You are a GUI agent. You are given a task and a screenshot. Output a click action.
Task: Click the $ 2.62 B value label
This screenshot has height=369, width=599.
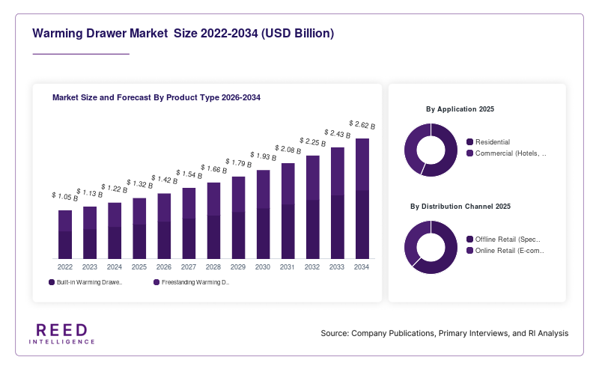(362, 124)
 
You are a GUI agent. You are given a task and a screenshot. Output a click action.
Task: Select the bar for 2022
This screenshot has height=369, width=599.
(65, 234)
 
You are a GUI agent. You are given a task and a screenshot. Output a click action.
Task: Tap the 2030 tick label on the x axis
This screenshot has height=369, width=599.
(263, 267)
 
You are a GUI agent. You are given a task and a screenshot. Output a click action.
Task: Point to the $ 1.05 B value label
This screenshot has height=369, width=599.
(65, 196)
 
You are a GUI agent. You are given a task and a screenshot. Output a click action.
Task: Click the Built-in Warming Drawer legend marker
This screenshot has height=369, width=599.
(52, 282)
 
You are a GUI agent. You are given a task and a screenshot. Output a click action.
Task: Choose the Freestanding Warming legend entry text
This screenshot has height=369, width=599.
(195, 282)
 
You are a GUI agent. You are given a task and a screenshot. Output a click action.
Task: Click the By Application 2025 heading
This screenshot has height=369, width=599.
(460, 109)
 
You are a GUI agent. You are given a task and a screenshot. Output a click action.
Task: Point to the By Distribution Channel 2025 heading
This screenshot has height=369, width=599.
(460, 207)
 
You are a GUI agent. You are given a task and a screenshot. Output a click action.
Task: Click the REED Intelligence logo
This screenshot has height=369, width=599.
(62, 334)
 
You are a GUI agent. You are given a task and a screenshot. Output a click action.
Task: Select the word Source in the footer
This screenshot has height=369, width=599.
(335, 333)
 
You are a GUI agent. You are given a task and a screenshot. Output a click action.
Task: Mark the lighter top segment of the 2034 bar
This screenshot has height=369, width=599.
(362, 164)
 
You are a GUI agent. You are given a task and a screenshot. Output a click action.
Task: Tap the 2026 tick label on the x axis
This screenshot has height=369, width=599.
(163, 267)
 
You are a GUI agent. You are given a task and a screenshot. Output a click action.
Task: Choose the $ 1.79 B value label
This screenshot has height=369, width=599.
(238, 162)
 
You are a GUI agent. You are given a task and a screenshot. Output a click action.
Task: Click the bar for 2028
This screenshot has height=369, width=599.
(213, 220)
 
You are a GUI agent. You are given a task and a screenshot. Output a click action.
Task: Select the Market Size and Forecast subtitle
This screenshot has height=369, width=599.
(156, 97)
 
